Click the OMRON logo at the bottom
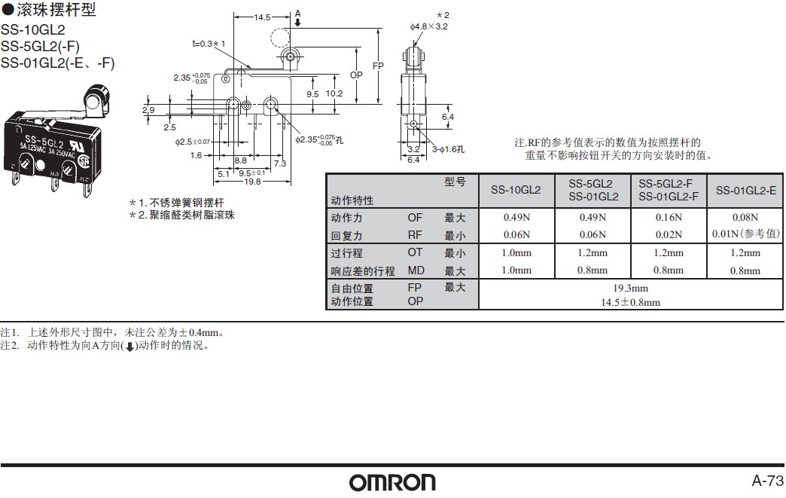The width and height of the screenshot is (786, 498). (x=392, y=481)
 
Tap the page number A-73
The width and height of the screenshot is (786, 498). (x=767, y=481)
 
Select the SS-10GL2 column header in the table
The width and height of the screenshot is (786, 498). (x=516, y=191)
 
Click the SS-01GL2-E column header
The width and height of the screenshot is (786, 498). (x=745, y=191)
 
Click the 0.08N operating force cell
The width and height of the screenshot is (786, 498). (x=745, y=218)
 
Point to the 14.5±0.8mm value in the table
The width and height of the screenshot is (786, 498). (x=630, y=302)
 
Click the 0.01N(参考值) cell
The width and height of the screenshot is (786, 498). (x=745, y=234)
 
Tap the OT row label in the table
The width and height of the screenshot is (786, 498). (x=415, y=253)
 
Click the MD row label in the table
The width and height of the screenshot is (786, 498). (x=416, y=270)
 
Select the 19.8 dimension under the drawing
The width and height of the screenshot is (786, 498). (x=251, y=182)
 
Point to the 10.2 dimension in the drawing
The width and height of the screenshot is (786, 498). (x=334, y=93)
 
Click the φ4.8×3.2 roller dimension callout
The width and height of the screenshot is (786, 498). (x=429, y=26)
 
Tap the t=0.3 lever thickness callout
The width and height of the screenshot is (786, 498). (x=209, y=44)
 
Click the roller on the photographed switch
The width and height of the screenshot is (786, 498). (x=94, y=97)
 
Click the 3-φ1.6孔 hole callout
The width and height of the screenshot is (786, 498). (x=448, y=149)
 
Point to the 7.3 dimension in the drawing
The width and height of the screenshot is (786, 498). (x=279, y=163)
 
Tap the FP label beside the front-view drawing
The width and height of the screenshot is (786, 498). (x=378, y=66)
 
